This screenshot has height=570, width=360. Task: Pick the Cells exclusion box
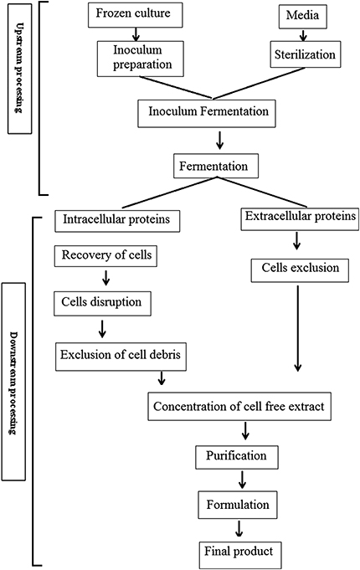[296, 270]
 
